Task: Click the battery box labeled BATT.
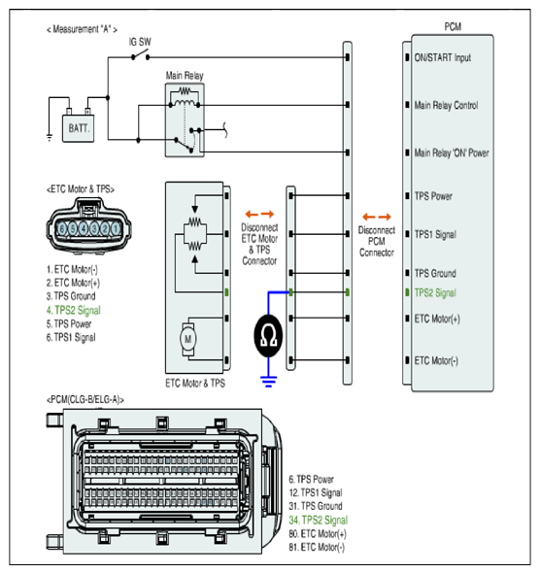(x=79, y=128)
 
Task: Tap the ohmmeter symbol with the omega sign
(x=268, y=335)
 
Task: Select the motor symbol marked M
(x=187, y=339)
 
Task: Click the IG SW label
(x=140, y=42)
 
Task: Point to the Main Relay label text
(x=185, y=76)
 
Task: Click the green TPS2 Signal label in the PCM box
(x=435, y=293)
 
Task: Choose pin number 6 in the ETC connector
(x=62, y=229)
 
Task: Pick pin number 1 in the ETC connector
(x=116, y=229)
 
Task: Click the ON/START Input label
(x=443, y=58)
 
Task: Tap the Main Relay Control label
(x=447, y=106)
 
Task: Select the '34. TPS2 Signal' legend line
(x=319, y=521)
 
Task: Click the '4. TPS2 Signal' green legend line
(x=73, y=311)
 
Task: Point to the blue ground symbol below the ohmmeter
(x=268, y=382)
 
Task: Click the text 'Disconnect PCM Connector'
(x=377, y=241)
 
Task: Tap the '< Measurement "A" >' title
(x=82, y=29)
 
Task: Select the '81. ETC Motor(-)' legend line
(x=317, y=547)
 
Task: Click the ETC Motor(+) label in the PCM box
(x=437, y=319)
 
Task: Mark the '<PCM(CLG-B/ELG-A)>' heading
(x=85, y=400)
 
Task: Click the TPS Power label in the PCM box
(x=433, y=196)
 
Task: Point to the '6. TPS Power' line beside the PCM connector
(x=311, y=479)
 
